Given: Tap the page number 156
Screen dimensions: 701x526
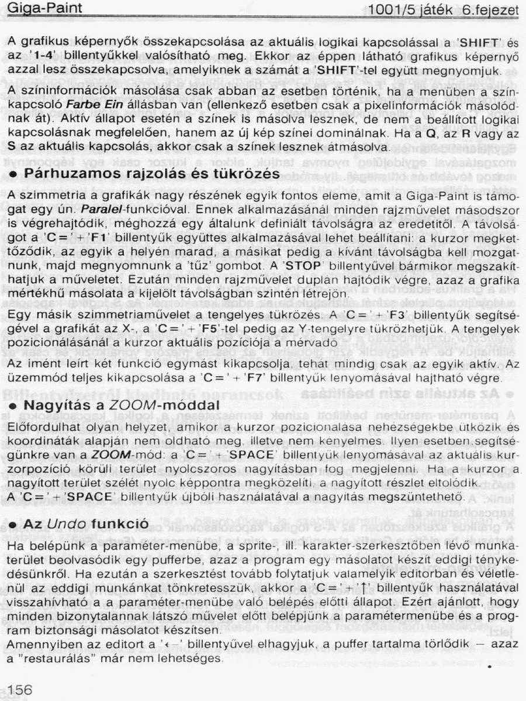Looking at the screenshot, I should point(20,689).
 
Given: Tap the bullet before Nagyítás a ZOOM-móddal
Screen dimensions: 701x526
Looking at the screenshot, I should point(13,405).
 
